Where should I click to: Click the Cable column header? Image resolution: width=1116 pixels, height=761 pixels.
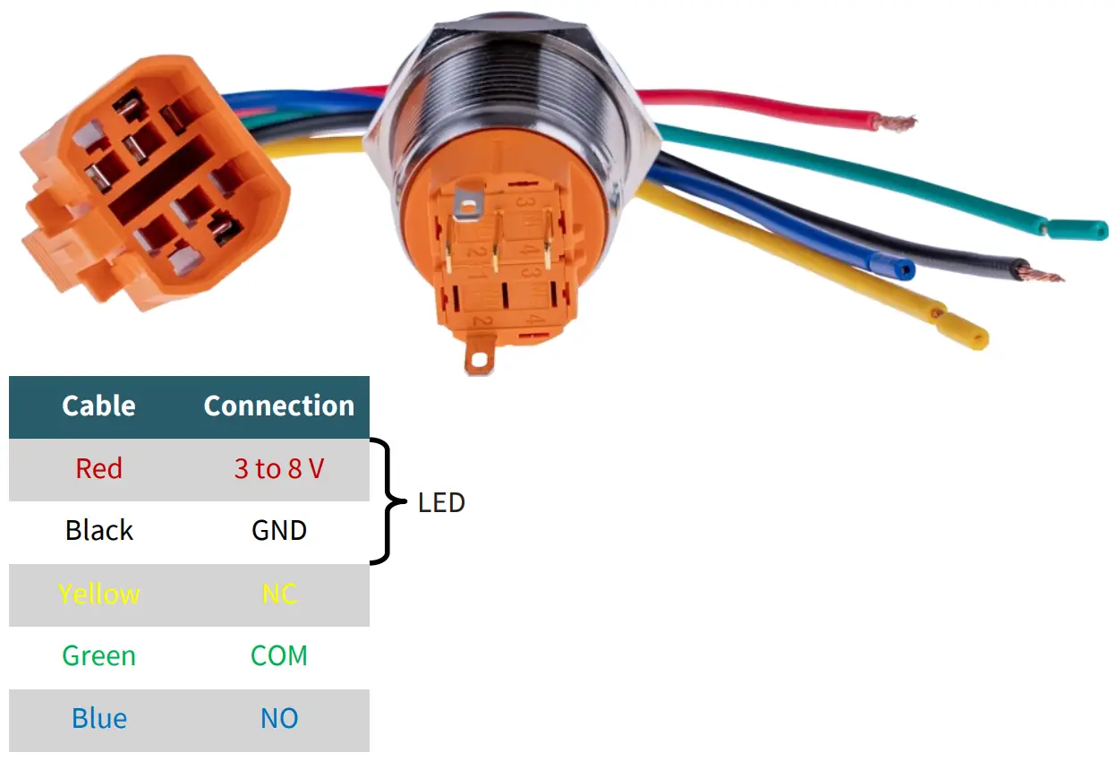tap(98, 406)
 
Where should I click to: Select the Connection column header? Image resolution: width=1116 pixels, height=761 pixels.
tap(278, 406)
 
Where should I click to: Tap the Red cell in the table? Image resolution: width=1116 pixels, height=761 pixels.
tap(98, 468)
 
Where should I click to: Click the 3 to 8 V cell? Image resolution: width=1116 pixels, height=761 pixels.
tap(278, 468)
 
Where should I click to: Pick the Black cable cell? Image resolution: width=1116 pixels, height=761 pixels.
tap(98, 531)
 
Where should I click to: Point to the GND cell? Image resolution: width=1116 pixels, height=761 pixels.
tap(278, 531)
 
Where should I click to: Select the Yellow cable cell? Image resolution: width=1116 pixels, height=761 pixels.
tap(98, 594)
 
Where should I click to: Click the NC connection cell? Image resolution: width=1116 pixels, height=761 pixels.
tap(278, 594)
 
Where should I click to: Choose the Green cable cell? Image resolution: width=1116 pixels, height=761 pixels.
tap(98, 656)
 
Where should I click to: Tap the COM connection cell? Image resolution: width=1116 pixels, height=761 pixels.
tap(278, 656)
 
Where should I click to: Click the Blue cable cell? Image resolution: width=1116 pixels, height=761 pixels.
tap(98, 719)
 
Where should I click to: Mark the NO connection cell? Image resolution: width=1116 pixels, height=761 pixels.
tap(278, 719)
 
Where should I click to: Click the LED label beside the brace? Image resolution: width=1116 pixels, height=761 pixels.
tap(441, 503)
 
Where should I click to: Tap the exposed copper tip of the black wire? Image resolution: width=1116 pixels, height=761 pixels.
tap(1044, 272)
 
